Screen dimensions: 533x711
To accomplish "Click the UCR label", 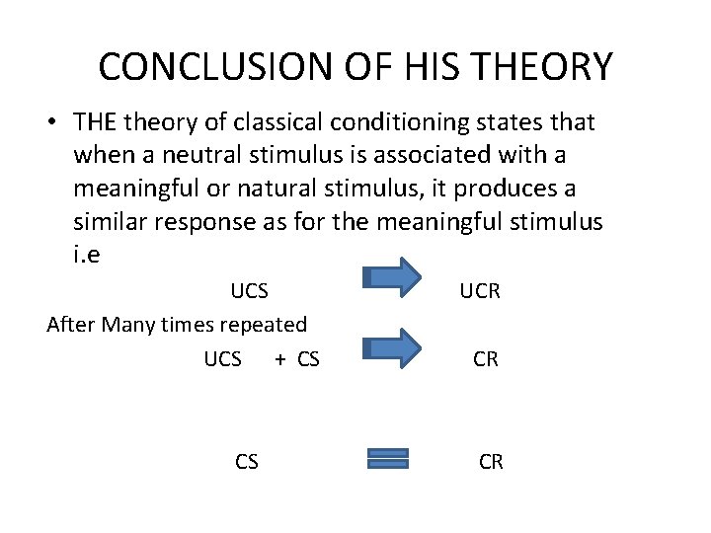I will pyautogui.click(x=480, y=291).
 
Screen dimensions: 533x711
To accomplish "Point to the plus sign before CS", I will pyautogui.click(x=279, y=359).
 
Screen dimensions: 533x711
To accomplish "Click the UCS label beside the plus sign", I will pyautogui.click(x=222, y=359).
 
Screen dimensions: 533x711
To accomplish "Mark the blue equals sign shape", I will pyautogui.click(x=387, y=458).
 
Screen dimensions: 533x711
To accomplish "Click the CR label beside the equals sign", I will pyautogui.click(x=491, y=461).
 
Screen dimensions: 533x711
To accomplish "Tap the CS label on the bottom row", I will pyautogui.click(x=247, y=461).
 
